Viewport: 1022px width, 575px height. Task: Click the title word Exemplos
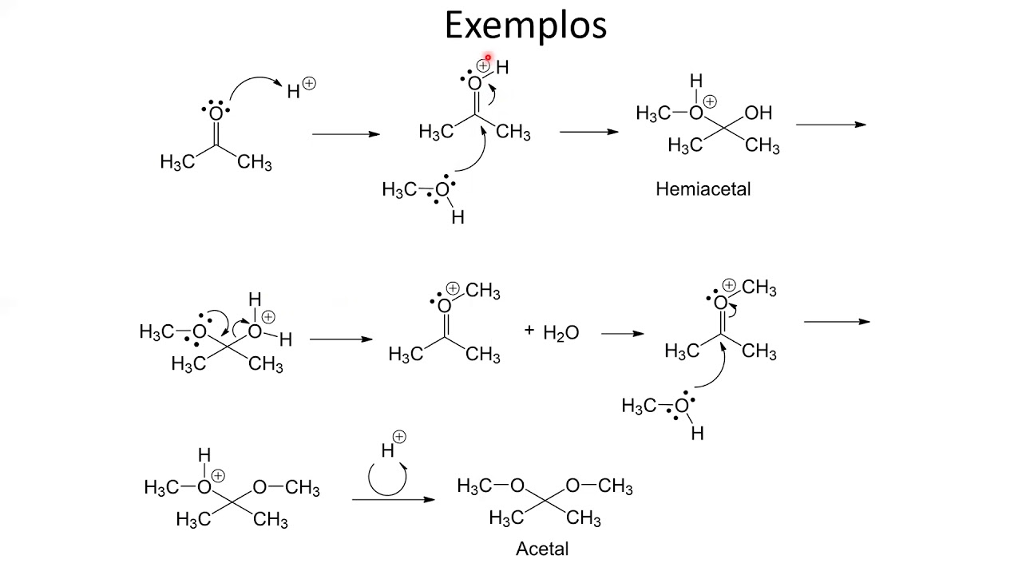pos(525,26)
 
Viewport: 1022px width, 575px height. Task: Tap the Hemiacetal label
pos(703,189)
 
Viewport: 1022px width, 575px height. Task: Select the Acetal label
pos(542,549)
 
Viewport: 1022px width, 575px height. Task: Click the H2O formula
pos(561,333)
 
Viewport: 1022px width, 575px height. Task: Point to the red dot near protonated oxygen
pos(488,57)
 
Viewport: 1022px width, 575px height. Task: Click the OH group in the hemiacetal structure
pos(758,113)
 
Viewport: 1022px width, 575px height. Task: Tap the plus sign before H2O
pos(529,330)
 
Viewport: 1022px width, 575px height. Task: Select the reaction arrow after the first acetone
pos(346,134)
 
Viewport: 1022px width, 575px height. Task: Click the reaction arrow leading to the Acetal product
pos(394,500)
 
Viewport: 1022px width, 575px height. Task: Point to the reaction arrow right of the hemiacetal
pos(831,125)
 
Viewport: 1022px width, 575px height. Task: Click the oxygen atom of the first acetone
pos(216,113)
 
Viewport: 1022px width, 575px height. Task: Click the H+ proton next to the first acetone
pos(301,89)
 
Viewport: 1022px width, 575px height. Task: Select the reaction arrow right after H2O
pos(622,334)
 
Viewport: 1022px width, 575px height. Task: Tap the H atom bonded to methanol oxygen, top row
pos(458,218)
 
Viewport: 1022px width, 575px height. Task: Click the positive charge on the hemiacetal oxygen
pos(710,101)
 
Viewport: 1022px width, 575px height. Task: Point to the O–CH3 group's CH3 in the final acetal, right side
pos(615,487)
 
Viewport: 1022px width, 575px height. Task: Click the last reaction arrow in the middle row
pos(837,322)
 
